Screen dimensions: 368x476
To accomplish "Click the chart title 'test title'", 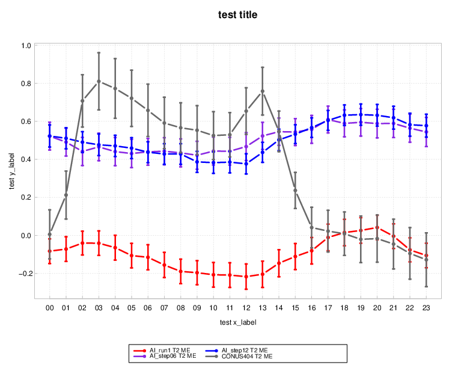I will [237, 14].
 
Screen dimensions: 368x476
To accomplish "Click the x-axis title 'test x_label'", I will [237, 322].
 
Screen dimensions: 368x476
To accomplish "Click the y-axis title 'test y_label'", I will [13, 170].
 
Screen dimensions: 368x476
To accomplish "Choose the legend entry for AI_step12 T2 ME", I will [240, 350].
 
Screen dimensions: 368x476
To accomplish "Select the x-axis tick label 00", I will [50, 307].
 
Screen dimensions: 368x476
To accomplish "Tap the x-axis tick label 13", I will [263, 307].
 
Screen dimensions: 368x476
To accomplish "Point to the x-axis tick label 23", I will [426, 307].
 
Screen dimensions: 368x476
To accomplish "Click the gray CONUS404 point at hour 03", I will [99, 81].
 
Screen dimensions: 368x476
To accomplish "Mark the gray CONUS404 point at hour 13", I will [263, 91].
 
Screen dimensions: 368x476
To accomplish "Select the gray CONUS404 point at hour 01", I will [66, 195].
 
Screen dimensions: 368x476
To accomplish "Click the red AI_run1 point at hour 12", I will [246, 277].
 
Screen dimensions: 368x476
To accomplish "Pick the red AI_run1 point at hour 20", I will [377, 227].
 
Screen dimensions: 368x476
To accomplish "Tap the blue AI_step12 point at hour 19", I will [361, 114].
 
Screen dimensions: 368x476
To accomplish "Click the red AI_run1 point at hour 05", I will [132, 256].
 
